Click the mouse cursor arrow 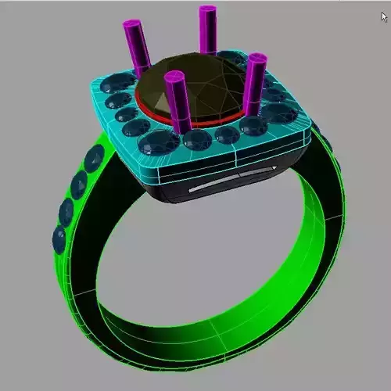pyautogui.click(x=384, y=16)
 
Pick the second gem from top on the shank pyautogui.click(x=79, y=185)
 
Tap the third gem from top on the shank pyautogui.click(x=67, y=210)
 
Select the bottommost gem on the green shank pyautogui.click(x=59, y=236)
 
